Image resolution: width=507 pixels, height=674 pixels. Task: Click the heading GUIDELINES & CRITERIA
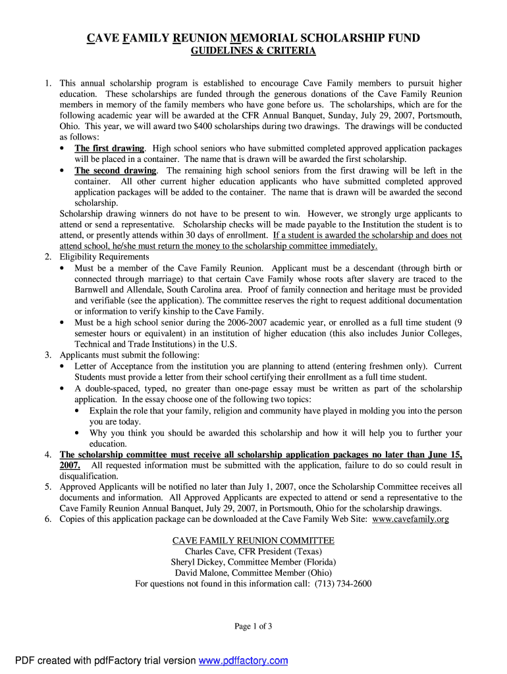pos(254,51)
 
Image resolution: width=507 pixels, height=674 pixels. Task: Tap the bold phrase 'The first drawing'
pos(109,148)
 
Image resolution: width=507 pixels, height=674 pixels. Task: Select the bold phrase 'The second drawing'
pos(115,170)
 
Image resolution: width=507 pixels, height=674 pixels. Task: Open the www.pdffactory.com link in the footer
pos(243,661)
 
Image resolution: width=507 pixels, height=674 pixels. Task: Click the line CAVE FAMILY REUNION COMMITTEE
pos(254,540)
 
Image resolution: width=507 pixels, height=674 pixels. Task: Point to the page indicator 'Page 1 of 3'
pos(254,627)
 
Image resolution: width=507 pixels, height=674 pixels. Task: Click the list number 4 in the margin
pos(48,455)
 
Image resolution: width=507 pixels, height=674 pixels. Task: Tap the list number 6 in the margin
pos(48,519)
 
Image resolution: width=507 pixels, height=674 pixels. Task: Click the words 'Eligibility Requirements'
pos(104,257)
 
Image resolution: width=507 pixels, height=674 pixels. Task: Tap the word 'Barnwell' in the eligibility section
pos(92,290)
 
